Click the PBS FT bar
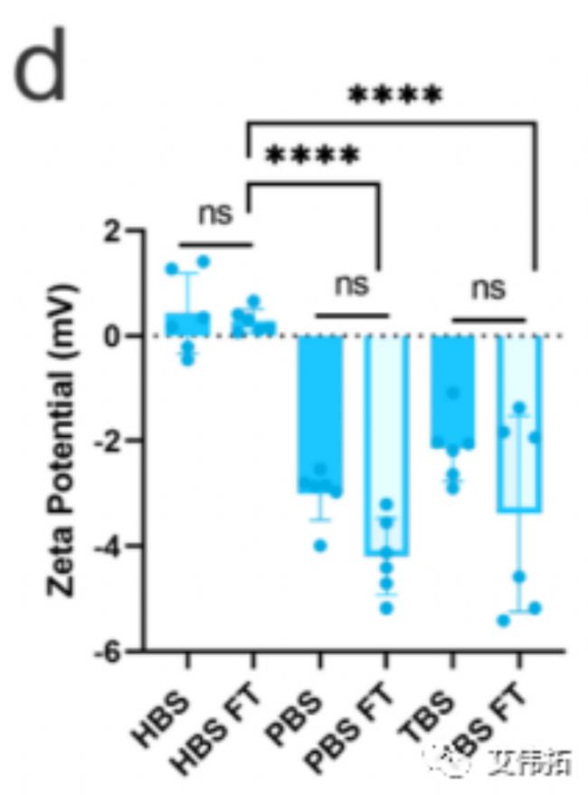[386, 444]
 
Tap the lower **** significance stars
[312, 156]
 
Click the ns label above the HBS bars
[215, 214]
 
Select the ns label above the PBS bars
[352, 285]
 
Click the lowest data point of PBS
[320, 544]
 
